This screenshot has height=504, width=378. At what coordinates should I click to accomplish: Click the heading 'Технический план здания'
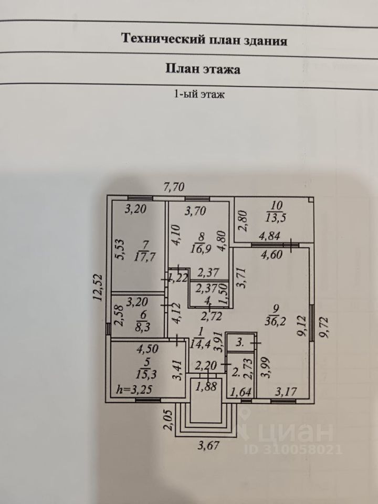tap(204, 40)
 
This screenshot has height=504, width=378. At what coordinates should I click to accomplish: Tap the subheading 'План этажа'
tap(203, 69)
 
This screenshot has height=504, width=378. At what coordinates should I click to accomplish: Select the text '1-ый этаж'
tap(199, 94)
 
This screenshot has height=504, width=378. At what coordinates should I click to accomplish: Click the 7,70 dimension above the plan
tap(174, 187)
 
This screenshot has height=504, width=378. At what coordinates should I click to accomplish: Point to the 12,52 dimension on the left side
tap(98, 287)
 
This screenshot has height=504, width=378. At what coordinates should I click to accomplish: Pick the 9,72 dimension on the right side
tap(324, 328)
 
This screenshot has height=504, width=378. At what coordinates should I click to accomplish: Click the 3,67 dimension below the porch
tap(208, 446)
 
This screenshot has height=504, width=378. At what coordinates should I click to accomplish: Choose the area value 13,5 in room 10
tap(276, 217)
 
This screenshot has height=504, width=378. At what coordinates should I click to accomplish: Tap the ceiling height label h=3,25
tap(134, 390)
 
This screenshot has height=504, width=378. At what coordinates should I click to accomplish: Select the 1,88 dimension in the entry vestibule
tap(206, 387)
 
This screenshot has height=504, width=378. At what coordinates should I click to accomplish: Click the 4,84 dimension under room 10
tap(270, 236)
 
